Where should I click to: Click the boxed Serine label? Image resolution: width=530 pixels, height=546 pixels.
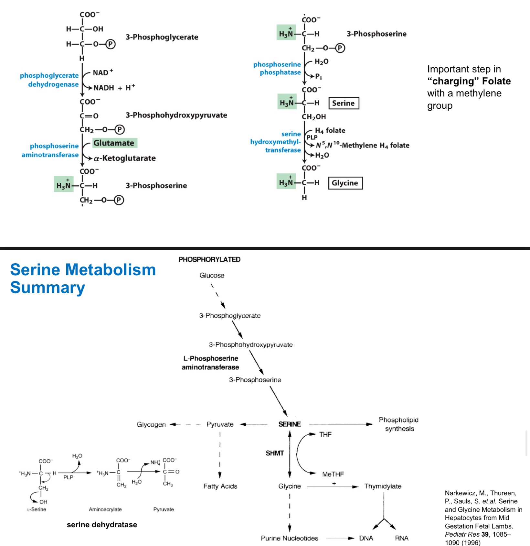click(344, 103)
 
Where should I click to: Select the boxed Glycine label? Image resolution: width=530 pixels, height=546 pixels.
click(345, 183)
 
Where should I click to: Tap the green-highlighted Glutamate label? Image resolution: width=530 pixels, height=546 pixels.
click(114, 143)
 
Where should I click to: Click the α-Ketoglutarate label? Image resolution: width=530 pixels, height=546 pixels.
click(125, 158)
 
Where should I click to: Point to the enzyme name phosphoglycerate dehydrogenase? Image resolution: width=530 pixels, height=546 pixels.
click(49, 80)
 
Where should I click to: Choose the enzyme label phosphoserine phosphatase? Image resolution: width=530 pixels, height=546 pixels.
click(277, 68)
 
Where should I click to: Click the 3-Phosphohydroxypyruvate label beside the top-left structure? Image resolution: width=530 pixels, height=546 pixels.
click(176, 115)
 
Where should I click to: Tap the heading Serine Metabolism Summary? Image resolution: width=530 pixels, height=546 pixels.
click(83, 278)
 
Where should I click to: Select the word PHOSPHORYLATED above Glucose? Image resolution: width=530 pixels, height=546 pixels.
click(209, 259)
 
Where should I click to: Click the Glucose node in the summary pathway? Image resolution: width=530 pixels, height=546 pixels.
click(212, 275)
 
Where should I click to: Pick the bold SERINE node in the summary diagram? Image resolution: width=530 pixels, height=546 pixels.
click(290, 424)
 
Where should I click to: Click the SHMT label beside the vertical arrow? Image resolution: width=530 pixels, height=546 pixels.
click(275, 453)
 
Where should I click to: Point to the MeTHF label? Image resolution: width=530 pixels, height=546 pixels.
click(333, 474)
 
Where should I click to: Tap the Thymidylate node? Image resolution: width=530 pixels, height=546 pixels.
click(383, 486)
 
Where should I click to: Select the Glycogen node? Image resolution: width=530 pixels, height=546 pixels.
click(151, 424)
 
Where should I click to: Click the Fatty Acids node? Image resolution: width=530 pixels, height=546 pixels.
click(220, 486)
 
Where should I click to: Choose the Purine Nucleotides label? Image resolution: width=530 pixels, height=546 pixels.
click(289, 538)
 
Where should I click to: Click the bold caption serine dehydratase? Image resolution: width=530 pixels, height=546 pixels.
click(102, 525)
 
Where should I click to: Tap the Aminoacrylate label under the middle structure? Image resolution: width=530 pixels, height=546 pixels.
click(105, 509)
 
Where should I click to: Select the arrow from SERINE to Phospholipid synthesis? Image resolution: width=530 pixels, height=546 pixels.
click(341, 424)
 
